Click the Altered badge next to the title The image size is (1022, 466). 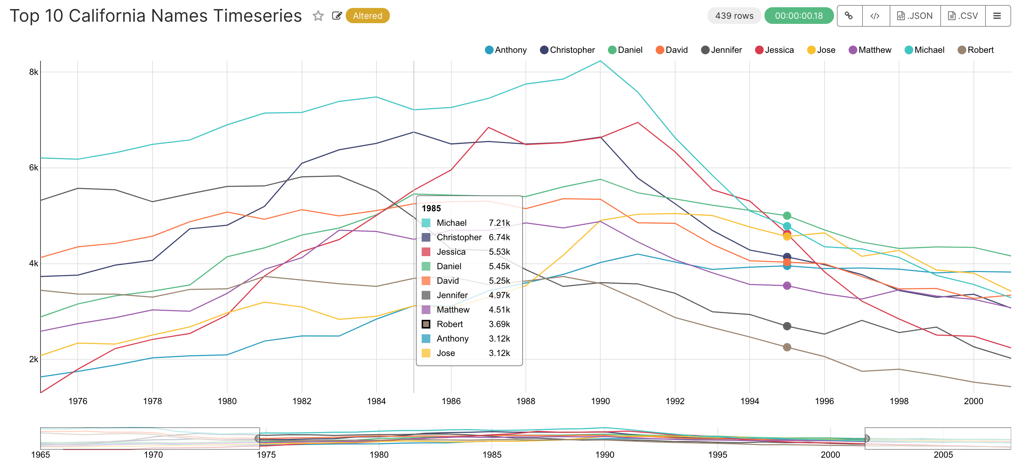367,16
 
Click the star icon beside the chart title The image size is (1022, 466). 318,16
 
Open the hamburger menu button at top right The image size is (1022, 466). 997,16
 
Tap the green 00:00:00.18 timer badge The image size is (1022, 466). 798,16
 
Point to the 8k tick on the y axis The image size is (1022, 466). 33,72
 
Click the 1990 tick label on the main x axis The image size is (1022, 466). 600,401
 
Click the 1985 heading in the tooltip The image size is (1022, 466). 431,208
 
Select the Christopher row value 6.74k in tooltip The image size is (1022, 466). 499,237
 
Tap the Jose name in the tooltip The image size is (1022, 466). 446,353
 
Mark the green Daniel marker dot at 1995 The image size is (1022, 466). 787,216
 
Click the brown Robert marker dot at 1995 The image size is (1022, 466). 787,347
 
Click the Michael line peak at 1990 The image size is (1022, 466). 600,61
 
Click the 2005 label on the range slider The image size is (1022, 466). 943,454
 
